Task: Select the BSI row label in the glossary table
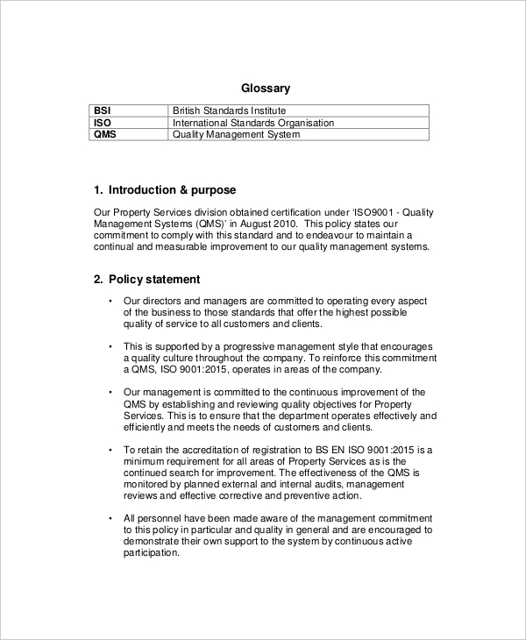pos(102,111)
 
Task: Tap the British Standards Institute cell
pos(229,111)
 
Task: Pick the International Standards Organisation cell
pos(252,124)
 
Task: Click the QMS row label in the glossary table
pos(104,136)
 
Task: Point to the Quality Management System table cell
pos(236,136)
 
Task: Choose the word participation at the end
pos(152,553)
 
